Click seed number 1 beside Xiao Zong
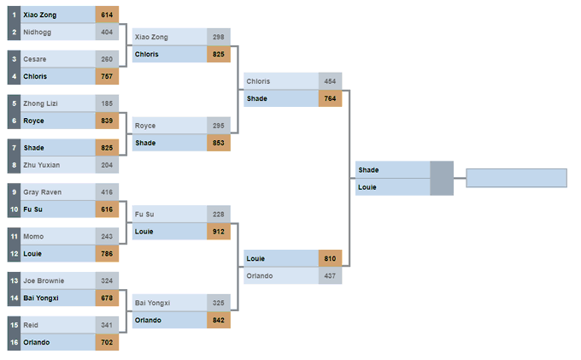tap(14, 15)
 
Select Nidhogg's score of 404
tap(107, 32)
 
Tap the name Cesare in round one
tap(35, 59)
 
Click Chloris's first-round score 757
tap(107, 76)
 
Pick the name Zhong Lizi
tap(39, 103)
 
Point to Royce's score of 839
tap(107, 121)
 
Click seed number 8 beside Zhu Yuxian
tap(14, 165)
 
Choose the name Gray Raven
tap(42, 192)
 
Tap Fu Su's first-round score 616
tap(107, 210)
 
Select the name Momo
tap(34, 237)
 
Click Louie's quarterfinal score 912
tap(218, 231)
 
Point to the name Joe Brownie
tap(43, 281)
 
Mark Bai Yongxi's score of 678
tap(107, 298)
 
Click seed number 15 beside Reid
tap(14, 326)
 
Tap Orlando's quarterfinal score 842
tap(218, 320)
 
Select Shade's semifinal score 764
tap(330, 98)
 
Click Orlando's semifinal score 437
tap(330, 276)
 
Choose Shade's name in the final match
tap(369, 170)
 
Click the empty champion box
tap(516, 178)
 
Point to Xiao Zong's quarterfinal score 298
tap(218, 37)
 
